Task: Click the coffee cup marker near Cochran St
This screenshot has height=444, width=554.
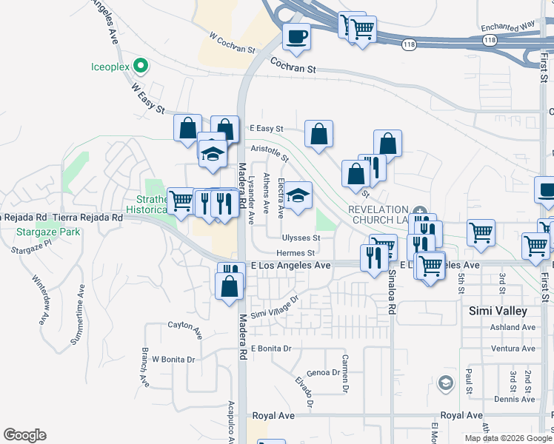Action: tap(296, 36)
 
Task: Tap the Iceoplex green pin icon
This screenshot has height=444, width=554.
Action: tap(139, 67)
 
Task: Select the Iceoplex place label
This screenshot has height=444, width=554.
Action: tap(110, 67)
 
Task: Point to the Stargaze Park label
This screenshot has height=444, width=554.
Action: tap(42, 232)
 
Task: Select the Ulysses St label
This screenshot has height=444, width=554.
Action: tap(301, 238)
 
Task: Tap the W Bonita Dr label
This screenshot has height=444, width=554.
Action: tap(173, 360)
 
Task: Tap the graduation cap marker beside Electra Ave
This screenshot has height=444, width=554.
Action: tap(298, 196)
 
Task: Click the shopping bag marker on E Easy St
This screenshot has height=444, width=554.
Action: tap(319, 135)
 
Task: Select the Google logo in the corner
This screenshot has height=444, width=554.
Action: tap(24, 435)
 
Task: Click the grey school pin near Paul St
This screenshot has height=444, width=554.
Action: tap(445, 383)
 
